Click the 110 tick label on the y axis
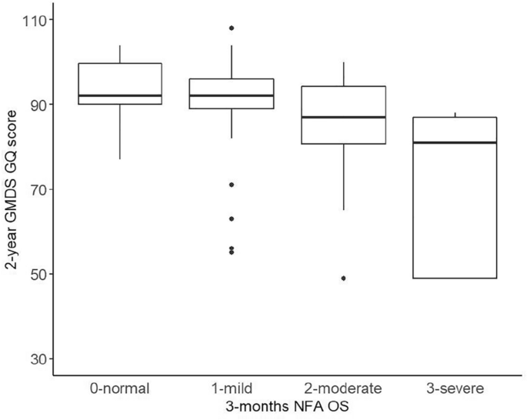point(35,20)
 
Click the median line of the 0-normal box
point(120,95)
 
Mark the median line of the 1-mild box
point(232,95)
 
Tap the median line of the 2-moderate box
point(344,117)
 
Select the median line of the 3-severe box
point(455,142)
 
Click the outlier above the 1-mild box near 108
point(232,28)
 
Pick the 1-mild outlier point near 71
point(232,185)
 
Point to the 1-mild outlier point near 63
point(232,218)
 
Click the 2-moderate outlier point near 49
point(344,278)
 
